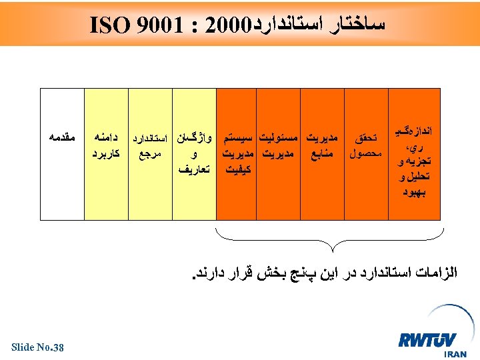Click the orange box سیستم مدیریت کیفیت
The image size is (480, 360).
click(x=238, y=153)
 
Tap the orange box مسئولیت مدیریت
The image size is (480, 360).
click(x=281, y=153)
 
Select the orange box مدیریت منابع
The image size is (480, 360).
click(x=323, y=153)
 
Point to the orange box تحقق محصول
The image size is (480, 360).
click(x=364, y=153)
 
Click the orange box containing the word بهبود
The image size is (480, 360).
click(x=413, y=153)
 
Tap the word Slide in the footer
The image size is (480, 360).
click(x=23, y=346)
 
